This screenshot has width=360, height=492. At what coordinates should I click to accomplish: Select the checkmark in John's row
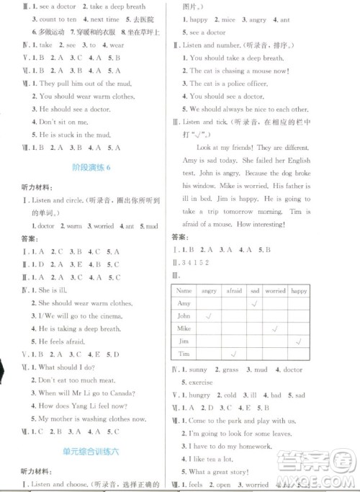[209, 316]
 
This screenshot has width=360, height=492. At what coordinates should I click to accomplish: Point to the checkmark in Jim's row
[297, 341]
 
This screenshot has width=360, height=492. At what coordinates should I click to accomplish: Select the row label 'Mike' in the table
[184, 328]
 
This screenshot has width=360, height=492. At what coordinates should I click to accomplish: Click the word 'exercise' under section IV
[197, 382]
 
